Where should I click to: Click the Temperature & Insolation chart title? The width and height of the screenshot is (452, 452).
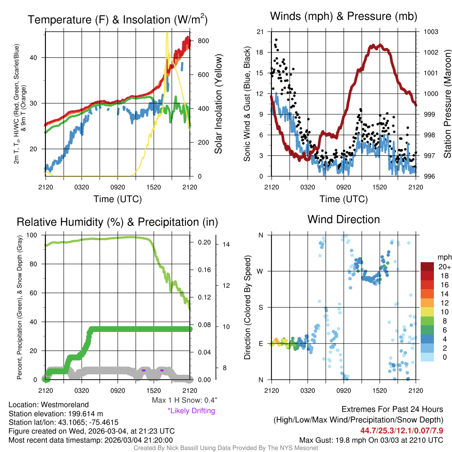(117, 20)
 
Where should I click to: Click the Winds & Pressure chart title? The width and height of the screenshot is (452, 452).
(343, 16)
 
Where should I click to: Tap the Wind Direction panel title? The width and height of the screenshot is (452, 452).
(343, 219)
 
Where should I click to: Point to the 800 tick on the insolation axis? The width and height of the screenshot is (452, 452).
(203, 41)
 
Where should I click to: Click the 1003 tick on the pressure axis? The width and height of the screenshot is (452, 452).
(430, 32)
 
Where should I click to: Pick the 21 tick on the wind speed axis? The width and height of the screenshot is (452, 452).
(260, 32)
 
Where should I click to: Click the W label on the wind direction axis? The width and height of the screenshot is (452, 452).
(261, 271)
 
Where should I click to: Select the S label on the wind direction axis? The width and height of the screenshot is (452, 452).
(261, 307)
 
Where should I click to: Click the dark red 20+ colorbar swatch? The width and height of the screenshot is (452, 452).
(427, 267)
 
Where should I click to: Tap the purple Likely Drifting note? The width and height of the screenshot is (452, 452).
(191, 411)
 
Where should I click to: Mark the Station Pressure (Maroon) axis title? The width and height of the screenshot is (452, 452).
(447, 104)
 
